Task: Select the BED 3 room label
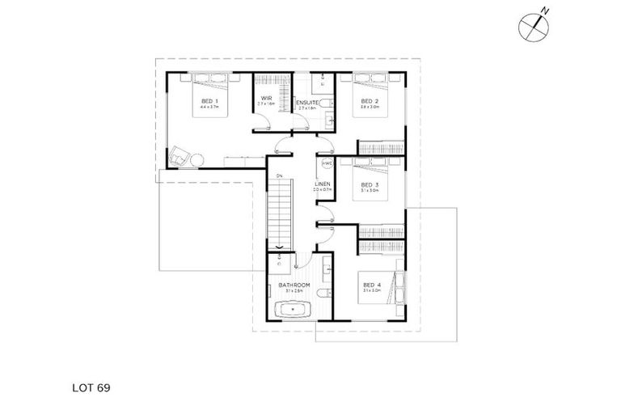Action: tap(370, 185)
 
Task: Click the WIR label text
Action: tap(266, 99)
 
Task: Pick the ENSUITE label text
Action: tap(306, 103)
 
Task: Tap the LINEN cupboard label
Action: tap(322, 185)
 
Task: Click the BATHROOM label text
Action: tap(294, 285)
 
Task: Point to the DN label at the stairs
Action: tap(279, 175)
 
